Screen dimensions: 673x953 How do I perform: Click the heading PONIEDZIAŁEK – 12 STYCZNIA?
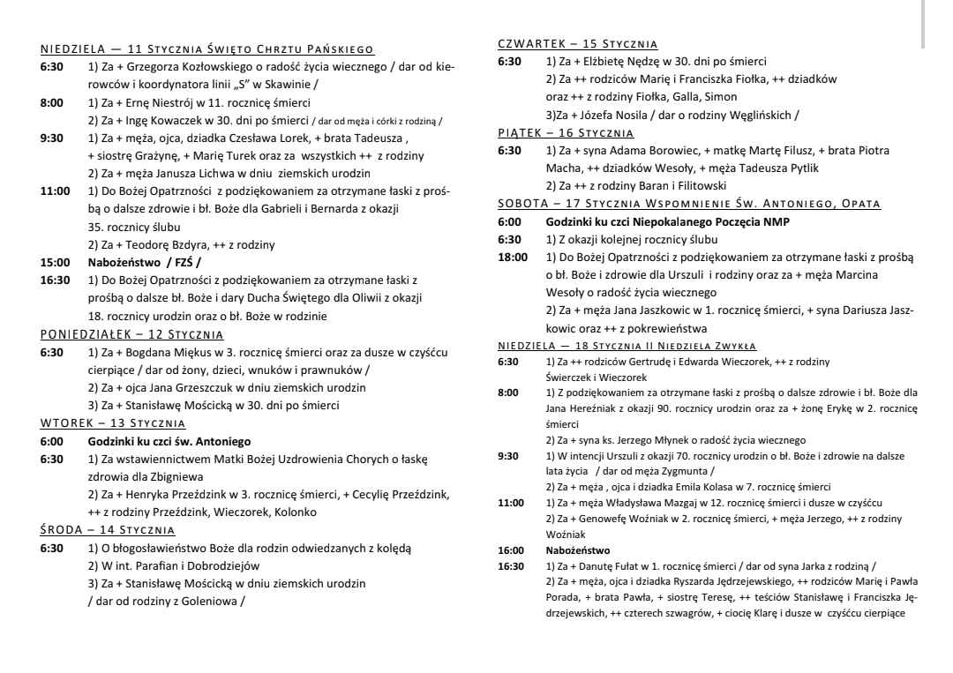tap(132, 334)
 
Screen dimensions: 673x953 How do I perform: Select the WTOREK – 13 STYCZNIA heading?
tap(113, 423)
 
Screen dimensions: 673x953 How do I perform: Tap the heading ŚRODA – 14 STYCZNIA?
tap(108, 530)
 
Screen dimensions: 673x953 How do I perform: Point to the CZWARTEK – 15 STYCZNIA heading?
tap(578, 44)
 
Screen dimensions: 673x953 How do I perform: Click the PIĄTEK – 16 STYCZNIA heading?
tap(566, 133)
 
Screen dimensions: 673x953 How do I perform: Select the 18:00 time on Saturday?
tap(513, 257)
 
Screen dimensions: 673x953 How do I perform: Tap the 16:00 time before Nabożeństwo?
tap(510, 550)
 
